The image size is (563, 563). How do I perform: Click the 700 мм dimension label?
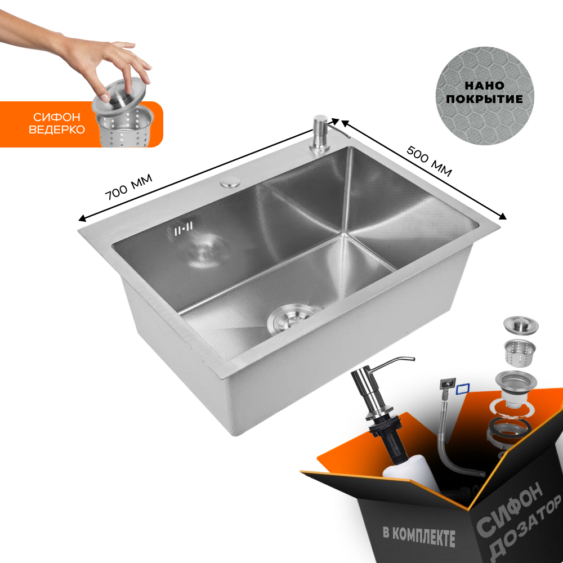coord(128,187)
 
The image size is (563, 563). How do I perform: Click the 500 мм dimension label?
coord(429,161)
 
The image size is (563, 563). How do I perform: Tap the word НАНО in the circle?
coord(484,86)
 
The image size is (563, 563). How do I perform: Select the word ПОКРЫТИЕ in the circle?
coord(484,99)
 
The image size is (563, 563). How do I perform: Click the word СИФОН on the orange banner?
coord(57,117)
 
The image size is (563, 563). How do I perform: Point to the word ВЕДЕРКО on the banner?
coord(57,129)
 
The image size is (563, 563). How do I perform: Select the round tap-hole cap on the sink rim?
coord(230,181)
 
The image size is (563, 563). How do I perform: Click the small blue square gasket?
coord(463,389)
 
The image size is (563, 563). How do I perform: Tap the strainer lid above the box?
coord(521,325)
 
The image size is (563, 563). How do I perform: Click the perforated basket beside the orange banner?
coord(124,126)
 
